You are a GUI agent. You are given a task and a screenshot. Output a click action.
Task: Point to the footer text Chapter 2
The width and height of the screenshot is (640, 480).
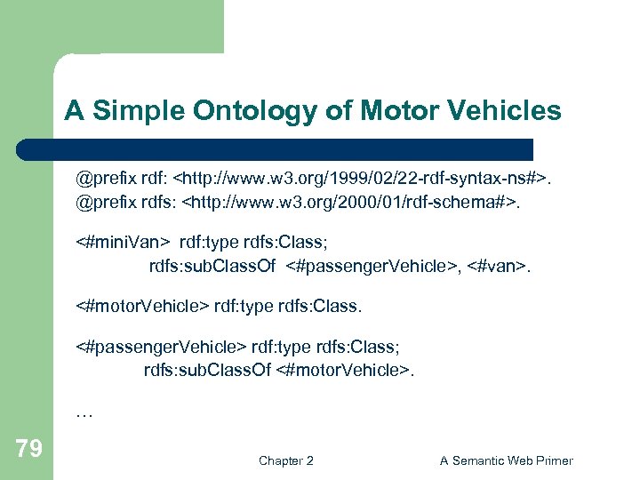[x=285, y=460]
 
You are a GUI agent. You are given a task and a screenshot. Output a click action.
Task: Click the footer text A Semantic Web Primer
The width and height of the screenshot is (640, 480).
[x=507, y=460]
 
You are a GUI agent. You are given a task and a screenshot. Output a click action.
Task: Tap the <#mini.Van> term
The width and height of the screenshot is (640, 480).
[x=124, y=241]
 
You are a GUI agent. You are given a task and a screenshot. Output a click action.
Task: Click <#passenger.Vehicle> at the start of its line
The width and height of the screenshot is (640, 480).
[x=161, y=347]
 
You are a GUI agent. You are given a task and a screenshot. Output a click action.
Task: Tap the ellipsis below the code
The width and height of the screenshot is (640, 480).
[x=85, y=412]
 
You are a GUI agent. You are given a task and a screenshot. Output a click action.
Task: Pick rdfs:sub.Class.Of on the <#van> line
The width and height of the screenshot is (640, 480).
[x=210, y=264]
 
